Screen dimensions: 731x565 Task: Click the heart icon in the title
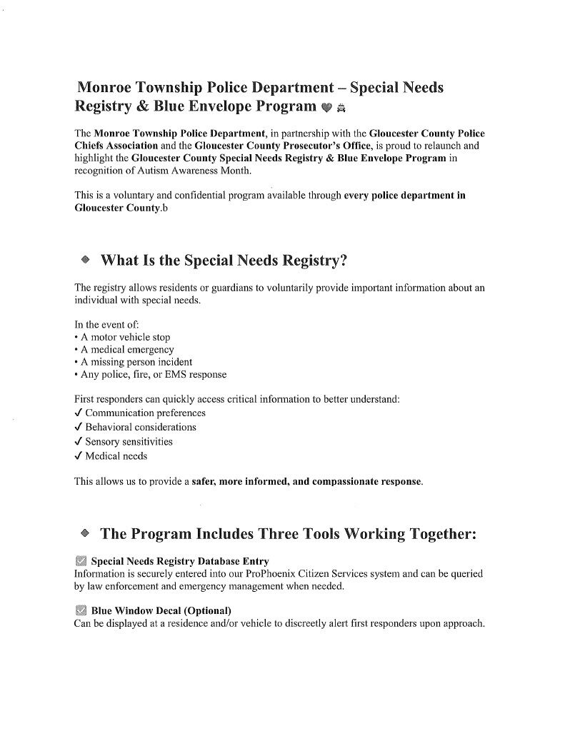(x=326, y=109)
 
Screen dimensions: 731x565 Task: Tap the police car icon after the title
(x=341, y=109)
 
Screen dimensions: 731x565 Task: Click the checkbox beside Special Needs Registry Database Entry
(x=81, y=561)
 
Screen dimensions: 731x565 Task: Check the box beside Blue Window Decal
(x=81, y=610)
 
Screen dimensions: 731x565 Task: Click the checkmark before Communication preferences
(x=79, y=413)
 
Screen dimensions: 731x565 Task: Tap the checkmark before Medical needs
(x=79, y=456)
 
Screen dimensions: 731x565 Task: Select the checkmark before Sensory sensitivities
(x=79, y=442)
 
